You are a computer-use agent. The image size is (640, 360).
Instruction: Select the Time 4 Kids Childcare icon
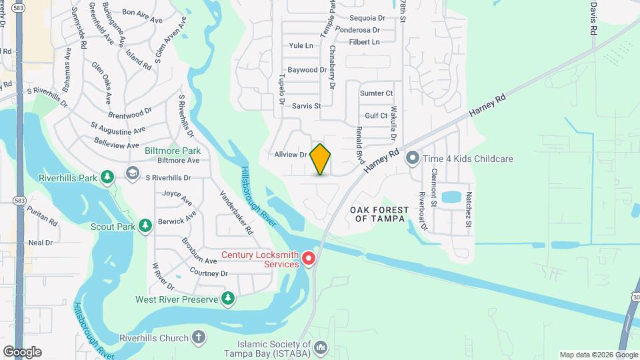pyautogui.click(x=413, y=159)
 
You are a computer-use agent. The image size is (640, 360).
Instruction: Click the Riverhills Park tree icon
pyautogui.click(x=107, y=177)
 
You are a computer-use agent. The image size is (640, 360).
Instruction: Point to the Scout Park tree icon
pyautogui.click(x=145, y=227)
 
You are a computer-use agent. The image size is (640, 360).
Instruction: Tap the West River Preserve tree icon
pyautogui.click(x=228, y=299)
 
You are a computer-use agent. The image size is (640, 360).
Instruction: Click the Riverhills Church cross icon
pyautogui.click(x=198, y=338)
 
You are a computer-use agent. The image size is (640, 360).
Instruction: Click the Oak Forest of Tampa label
pyautogui.click(x=377, y=214)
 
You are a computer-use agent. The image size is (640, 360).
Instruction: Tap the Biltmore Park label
pyautogui.click(x=173, y=151)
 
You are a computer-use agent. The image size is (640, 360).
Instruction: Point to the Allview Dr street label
pyautogui.click(x=290, y=155)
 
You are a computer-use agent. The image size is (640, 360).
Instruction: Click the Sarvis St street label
pyautogui.click(x=306, y=106)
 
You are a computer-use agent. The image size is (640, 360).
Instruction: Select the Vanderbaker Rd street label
pyautogui.click(x=237, y=212)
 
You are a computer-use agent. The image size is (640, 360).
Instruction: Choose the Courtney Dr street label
pyautogui.click(x=209, y=273)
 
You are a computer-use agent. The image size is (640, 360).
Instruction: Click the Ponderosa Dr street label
pyautogui.click(x=358, y=30)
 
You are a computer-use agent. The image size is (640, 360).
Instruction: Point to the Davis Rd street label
pyautogui.click(x=593, y=18)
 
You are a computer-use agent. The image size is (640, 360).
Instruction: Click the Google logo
pyautogui.click(x=22, y=352)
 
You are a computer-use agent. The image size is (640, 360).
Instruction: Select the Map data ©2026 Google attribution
pyautogui.click(x=598, y=355)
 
